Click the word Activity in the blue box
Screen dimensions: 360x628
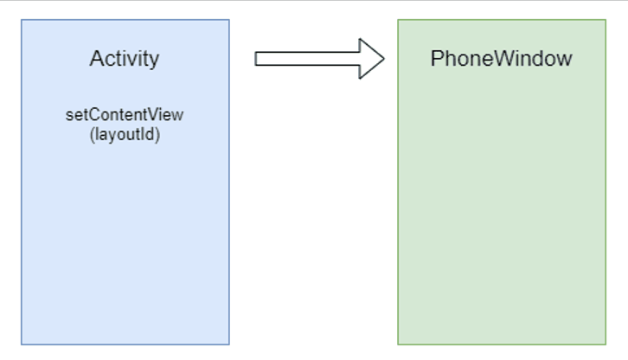pyautogui.click(x=125, y=59)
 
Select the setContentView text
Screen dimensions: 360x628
pyautogui.click(x=125, y=115)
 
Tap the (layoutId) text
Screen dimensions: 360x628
pyautogui.click(x=125, y=135)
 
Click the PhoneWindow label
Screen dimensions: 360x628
pyautogui.click(x=501, y=59)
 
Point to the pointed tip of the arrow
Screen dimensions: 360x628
pyautogui.click(x=384, y=59)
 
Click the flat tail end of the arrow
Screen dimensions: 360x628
pyautogui.click(x=256, y=59)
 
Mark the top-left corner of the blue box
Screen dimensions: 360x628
pyautogui.click(x=22, y=20)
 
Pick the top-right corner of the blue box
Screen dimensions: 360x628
pyautogui.click(x=229, y=20)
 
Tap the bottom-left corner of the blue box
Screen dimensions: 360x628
pyautogui.click(x=22, y=344)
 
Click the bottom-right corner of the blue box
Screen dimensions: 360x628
pyautogui.click(x=229, y=344)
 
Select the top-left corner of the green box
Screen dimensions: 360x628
pyautogui.click(x=398, y=20)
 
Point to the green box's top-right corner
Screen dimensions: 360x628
pyautogui.click(x=606, y=20)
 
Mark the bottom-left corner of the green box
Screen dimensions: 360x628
pyautogui.click(x=398, y=344)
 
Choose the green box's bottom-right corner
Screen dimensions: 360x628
pyautogui.click(x=606, y=344)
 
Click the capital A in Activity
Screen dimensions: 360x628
pyautogui.click(x=96, y=59)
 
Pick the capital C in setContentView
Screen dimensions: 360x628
pyautogui.click(x=89, y=115)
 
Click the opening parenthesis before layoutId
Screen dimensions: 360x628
pyautogui.click(x=93, y=136)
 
